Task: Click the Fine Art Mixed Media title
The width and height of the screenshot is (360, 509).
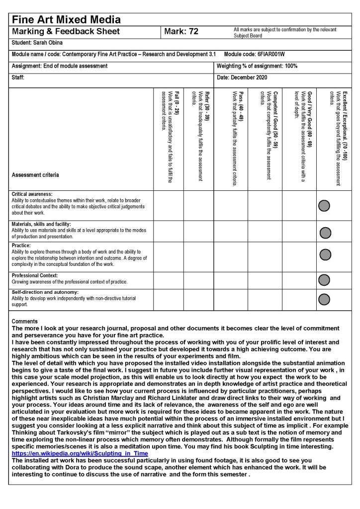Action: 66,20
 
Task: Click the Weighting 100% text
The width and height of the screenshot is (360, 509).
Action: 257,66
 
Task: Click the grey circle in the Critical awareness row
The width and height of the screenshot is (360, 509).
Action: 324,205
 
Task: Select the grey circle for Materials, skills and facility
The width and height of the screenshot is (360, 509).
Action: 325,232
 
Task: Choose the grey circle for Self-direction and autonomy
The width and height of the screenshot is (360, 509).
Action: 324,299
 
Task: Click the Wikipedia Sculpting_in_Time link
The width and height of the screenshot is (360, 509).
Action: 80,454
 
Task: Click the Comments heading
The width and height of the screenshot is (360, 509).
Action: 24,322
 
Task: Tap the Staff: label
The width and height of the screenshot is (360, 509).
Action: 18,78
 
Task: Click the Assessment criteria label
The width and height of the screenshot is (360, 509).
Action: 35,175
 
